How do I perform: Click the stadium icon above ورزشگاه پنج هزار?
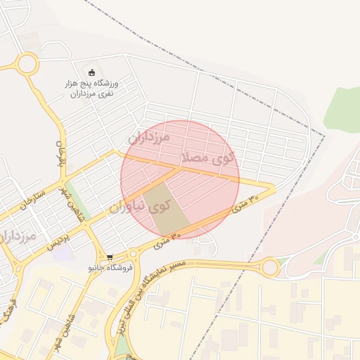pos(91,71)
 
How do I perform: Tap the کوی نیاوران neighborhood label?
pos(141,206)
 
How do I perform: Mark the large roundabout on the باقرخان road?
pos(27,65)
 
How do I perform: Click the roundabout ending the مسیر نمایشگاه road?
pos(269,266)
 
